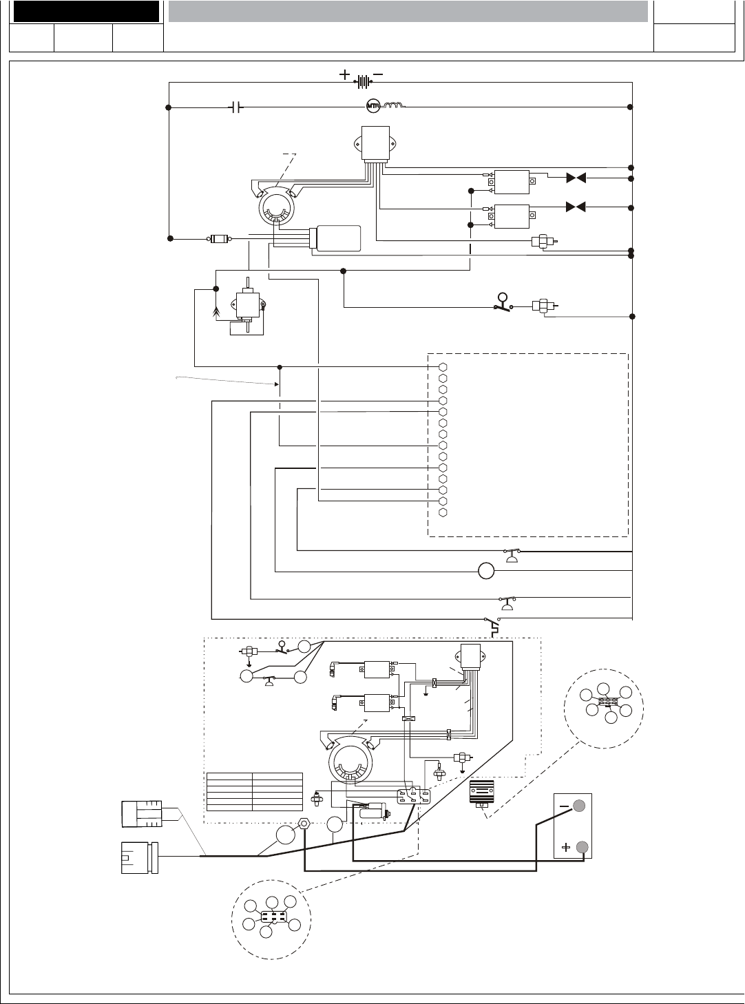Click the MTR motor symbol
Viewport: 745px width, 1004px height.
coord(373,107)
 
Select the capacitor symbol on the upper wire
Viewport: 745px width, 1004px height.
coord(235,107)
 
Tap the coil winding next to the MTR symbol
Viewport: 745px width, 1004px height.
coord(395,107)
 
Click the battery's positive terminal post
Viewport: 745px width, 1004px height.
coord(582,848)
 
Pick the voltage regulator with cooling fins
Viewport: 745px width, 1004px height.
coord(483,793)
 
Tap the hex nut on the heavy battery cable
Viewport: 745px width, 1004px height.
coord(304,824)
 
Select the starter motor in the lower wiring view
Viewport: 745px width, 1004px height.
coord(373,813)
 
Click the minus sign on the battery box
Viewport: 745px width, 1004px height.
coord(565,806)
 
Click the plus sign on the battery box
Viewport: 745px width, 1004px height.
coord(565,848)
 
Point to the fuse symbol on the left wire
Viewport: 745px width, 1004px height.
coord(219,239)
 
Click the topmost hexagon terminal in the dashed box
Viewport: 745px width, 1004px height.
coord(443,367)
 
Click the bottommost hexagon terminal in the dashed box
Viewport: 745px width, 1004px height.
coord(443,512)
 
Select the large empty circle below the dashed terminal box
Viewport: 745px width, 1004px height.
coord(486,571)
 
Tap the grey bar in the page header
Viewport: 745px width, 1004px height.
coord(408,11)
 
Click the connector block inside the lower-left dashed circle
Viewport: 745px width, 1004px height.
coord(273,919)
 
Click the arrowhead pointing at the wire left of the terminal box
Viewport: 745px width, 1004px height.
coord(277,384)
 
